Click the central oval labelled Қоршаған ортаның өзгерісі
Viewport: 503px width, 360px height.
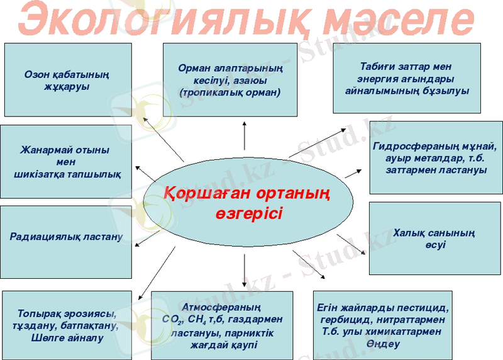coord(245,201)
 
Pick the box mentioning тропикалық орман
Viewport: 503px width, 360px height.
coord(229,79)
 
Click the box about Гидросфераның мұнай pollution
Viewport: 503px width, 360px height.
coord(436,157)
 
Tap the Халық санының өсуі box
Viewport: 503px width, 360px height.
coord(434,239)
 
